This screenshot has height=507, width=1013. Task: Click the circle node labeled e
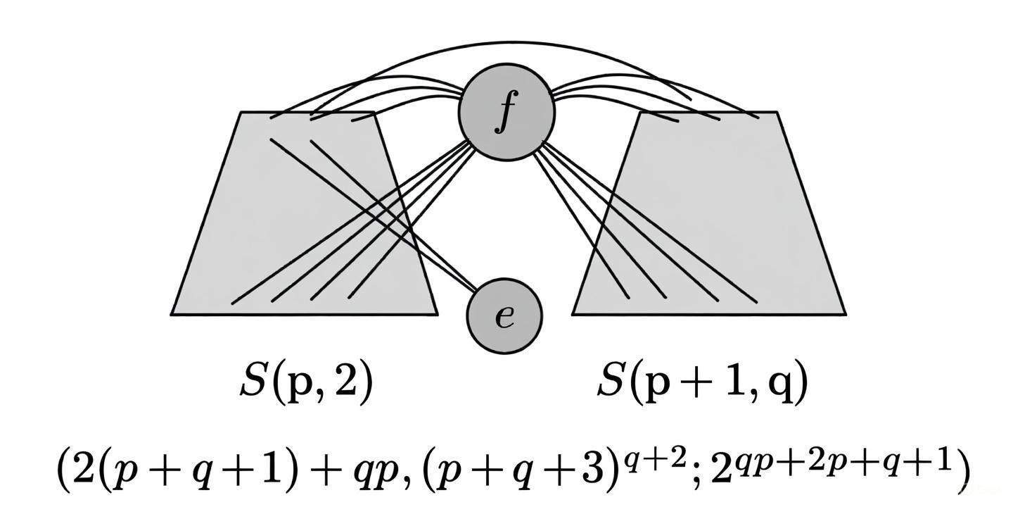coord(505,316)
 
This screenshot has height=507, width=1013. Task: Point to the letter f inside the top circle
coord(504,114)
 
